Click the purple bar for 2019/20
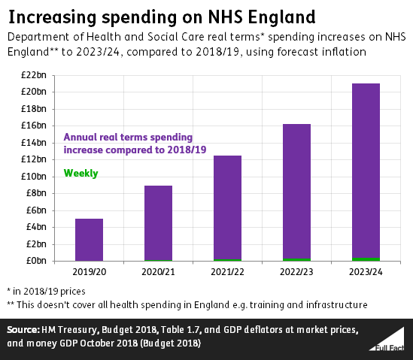pos(89,239)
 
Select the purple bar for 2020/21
pos(158,222)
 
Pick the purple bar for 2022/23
pos(296,191)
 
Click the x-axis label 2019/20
pos(89,271)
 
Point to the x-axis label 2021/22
pos(227,271)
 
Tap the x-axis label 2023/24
pos(366,271)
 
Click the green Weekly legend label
pos(80,173)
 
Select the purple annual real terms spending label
pos(128,143)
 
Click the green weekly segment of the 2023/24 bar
pos(366,259)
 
